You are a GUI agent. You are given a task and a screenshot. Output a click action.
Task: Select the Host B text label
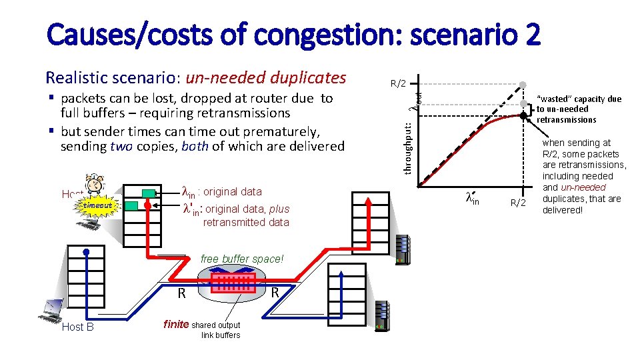point(77,327)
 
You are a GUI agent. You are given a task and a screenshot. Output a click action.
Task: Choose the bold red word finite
point(176,324)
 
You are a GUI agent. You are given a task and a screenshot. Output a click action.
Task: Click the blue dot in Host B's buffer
point(87,252)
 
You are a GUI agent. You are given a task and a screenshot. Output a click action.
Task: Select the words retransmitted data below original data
point(246,222)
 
